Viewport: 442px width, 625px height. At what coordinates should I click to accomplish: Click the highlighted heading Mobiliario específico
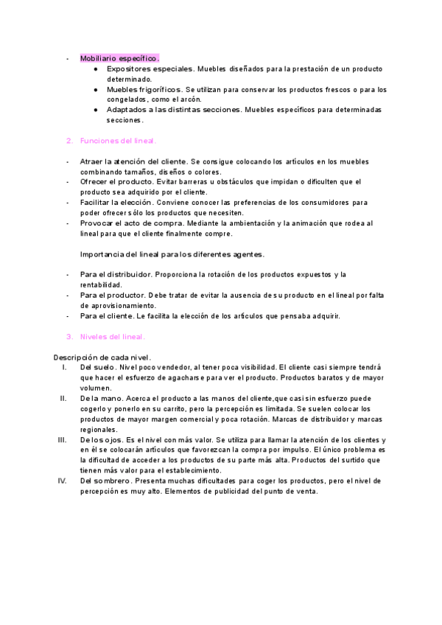click(x=119, y=57)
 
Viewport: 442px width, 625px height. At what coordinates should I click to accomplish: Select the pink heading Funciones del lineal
click(x=119, y=140)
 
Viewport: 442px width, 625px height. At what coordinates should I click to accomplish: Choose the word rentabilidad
click(x=102, y=284)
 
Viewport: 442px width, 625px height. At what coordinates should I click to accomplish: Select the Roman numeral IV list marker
click(x=62, y=481)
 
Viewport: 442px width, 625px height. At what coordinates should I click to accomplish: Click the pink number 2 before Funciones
click(x=69, y=140)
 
